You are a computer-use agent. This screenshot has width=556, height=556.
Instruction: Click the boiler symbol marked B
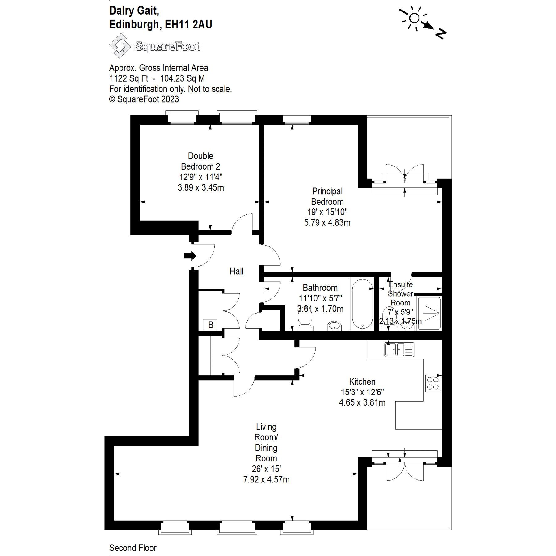[210, 325]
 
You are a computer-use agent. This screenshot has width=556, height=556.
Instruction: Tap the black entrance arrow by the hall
[190, 256]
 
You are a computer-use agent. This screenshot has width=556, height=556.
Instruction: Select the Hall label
[236, 271]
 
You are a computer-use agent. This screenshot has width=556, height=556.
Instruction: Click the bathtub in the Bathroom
[362, 304]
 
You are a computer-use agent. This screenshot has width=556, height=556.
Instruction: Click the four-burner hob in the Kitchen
[433, 383]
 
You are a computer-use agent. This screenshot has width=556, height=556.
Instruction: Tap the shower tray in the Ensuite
[429, 313]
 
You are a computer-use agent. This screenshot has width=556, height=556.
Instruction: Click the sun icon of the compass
[414, 19]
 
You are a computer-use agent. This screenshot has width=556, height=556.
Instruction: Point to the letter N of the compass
[441, 33]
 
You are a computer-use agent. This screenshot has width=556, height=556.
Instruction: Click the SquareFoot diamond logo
[120, 46]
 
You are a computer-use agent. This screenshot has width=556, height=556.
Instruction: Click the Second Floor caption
[133, 548]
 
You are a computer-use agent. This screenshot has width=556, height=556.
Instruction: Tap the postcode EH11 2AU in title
[188, 24]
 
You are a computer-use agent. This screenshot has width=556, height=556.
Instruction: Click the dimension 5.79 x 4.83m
[327, 222]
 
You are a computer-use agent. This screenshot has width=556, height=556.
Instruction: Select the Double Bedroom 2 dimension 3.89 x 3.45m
[200, 187]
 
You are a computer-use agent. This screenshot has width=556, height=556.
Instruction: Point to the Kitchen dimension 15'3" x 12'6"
[362, 392]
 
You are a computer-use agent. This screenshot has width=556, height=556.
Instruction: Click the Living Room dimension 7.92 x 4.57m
[266, 479]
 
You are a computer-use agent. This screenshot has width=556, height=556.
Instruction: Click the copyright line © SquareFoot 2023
[144, 99]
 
